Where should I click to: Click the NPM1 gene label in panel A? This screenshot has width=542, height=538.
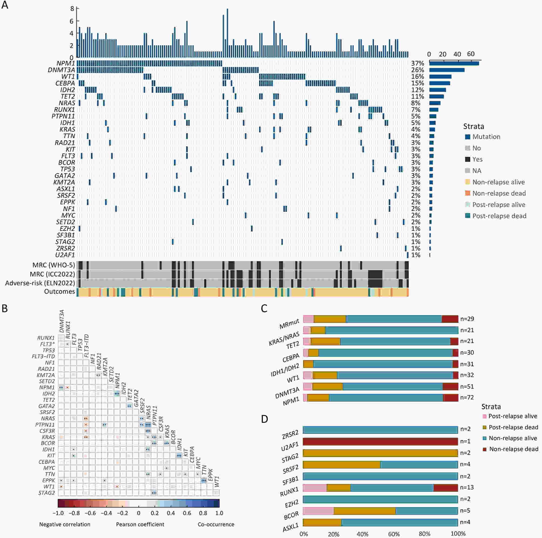tap(66, 63)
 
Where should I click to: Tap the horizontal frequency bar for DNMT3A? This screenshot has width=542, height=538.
tap(447, 70)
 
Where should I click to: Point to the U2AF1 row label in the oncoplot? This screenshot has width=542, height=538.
tap(65, 255)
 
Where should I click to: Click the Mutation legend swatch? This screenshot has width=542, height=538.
tap(468, 137)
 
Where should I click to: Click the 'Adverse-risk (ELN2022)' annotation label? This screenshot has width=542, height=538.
tap(40, 283)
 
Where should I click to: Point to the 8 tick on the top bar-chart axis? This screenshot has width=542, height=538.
tap(72, 9)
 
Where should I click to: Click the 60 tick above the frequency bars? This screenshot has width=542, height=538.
tap(471, 54)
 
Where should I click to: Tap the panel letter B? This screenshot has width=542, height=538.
tap(5, 309)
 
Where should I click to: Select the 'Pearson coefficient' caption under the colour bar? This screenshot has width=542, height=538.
tap(140, 524)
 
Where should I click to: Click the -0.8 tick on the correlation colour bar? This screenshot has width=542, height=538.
tap(74, 513)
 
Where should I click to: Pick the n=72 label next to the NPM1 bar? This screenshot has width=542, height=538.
tap(467, 398)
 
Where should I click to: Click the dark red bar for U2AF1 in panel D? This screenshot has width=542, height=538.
tap(380, 441)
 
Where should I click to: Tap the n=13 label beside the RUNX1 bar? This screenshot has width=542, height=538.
tap(467, 488)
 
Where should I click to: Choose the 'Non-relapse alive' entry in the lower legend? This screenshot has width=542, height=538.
tap(513, 438)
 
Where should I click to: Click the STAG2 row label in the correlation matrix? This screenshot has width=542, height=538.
tap(47, 493)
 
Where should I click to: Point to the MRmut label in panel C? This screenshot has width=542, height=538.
tap(289, 324)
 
